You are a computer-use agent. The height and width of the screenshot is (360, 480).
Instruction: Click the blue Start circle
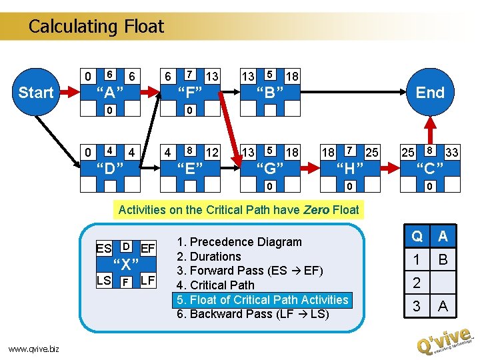point(36,92)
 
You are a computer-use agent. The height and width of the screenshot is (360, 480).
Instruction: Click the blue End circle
point(430,92)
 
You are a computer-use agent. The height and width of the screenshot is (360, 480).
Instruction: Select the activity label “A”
point(110,91)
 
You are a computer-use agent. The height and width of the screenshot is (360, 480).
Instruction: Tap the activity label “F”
point(190,91)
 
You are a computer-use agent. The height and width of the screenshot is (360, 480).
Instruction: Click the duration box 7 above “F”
point(190,73)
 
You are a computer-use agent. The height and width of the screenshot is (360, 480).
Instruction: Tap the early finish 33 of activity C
point(451,152)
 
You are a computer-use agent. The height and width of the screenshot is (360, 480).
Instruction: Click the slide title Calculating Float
point(96,27)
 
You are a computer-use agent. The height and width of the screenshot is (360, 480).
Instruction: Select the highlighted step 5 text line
point(261,299)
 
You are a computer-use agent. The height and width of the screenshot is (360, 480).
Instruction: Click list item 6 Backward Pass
point(253,314)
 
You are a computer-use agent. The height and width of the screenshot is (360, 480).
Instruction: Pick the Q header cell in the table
point(417,237)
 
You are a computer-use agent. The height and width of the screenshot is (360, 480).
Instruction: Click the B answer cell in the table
point(443,259)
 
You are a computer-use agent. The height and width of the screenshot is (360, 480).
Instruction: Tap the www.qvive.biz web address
point(34,347)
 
